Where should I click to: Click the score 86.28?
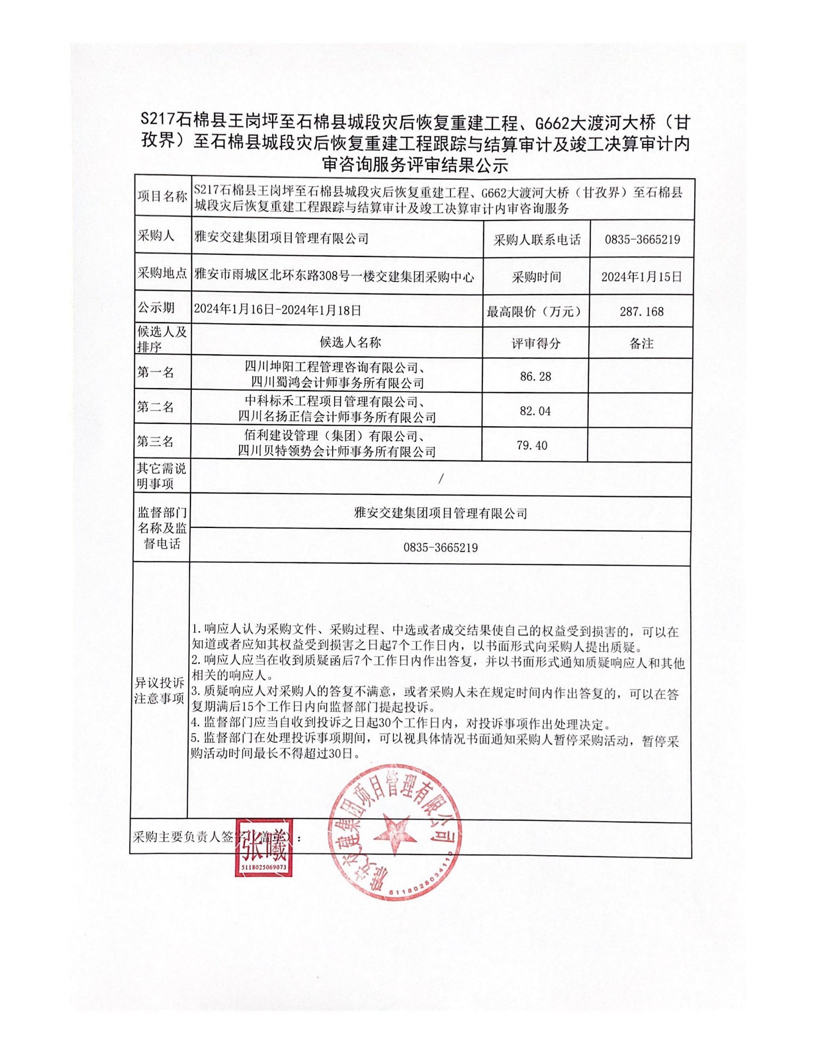click(535, 376)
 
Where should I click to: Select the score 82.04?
click(535, 411)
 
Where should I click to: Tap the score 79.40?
click(532, 445)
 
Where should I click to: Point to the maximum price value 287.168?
click(642, 312)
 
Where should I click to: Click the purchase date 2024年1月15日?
click(642, 277)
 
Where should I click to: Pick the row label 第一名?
click(156, 372)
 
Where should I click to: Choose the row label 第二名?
click(156, 407)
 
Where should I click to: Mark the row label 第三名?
click(156, 442)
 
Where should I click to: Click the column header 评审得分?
click(536, 343)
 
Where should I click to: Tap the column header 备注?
click(642, 343)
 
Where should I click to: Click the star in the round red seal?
click(393, 833)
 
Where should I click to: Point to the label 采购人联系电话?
click(537, 240)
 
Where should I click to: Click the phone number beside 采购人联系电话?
click(642, 240)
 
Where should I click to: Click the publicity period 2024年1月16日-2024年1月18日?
click(277, 310)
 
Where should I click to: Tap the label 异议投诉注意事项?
click(159, 691)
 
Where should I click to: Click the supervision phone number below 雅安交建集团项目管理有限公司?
click(440, 548)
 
